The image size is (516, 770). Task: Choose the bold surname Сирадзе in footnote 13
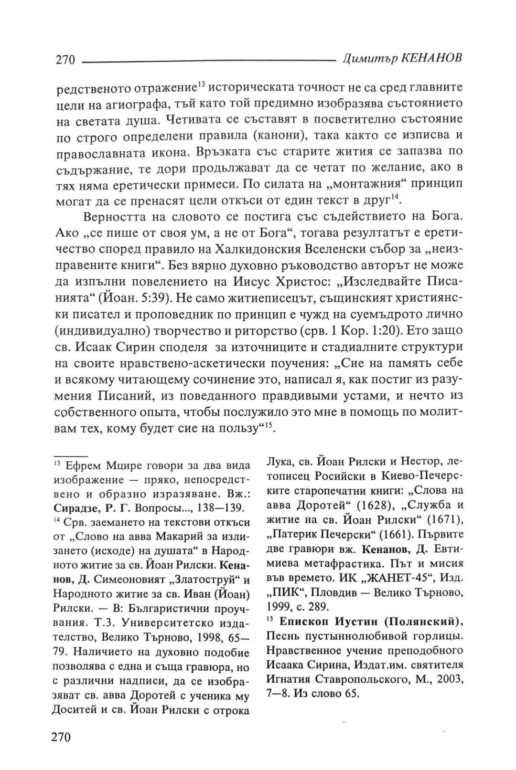[75, 508]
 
